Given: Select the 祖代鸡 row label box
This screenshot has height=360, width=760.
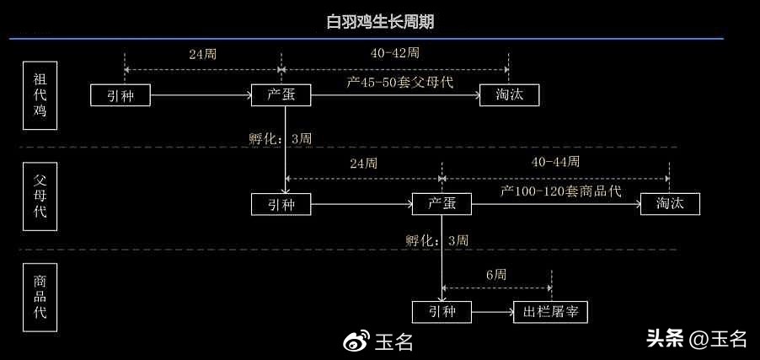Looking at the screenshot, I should pos(40,95).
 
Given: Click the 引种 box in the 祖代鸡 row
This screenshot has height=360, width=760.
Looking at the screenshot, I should pos(120,95).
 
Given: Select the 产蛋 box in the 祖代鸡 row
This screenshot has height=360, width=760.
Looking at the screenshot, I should pos(281,95).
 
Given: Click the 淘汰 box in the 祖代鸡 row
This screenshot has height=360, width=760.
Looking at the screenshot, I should pos(509,95).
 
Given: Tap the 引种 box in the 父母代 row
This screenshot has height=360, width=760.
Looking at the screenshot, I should pos(281,204).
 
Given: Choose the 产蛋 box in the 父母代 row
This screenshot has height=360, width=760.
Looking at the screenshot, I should pos(442,204).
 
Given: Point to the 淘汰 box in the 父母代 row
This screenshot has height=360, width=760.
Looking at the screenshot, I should pos(669,204).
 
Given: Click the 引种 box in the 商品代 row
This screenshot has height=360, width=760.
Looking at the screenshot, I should pos(442,312).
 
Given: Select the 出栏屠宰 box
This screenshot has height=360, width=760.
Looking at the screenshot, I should pos(550,312).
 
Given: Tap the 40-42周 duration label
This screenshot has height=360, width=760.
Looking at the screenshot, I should pos(394,52).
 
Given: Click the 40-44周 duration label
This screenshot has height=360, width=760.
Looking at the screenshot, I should pos(555,161).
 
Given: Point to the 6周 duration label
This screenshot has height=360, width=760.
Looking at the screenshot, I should pos(496,275).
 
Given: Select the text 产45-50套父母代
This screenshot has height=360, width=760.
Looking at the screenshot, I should pos(399,82).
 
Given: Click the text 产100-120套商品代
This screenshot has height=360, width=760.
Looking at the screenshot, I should pos(560,191).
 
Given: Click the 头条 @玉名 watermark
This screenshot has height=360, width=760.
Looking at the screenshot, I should pos(696,339).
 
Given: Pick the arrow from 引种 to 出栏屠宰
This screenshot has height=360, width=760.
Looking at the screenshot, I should pos(491,312).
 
